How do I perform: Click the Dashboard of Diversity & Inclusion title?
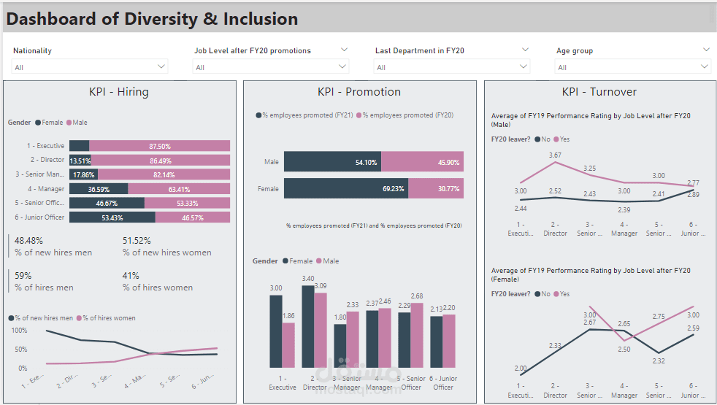tap(152, 19)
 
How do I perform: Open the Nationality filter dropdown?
tap(90, 67)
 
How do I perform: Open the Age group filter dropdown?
tap(633, 67)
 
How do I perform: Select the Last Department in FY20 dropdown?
tap(452, 67)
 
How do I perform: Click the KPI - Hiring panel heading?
tap(118, 92)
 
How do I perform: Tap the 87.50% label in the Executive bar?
tap(159, 146)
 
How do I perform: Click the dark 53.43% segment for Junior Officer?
tap(112, 217)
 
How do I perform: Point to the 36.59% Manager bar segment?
tap(99, 189)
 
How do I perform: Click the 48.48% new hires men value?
tap(28, 240)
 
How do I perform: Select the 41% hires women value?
tap(131, 276)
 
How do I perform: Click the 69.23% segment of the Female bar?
tap(345, 188)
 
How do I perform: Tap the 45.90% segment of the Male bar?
tap(422, 161)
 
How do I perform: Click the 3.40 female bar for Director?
tap(307, 326)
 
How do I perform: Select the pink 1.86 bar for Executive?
tap(288, 344)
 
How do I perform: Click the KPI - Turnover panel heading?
tap(599, 92)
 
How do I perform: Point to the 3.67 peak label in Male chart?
tap(555, 155)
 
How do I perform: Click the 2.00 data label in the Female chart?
tap(519, 368)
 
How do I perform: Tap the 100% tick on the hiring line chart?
tap(20, 331)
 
